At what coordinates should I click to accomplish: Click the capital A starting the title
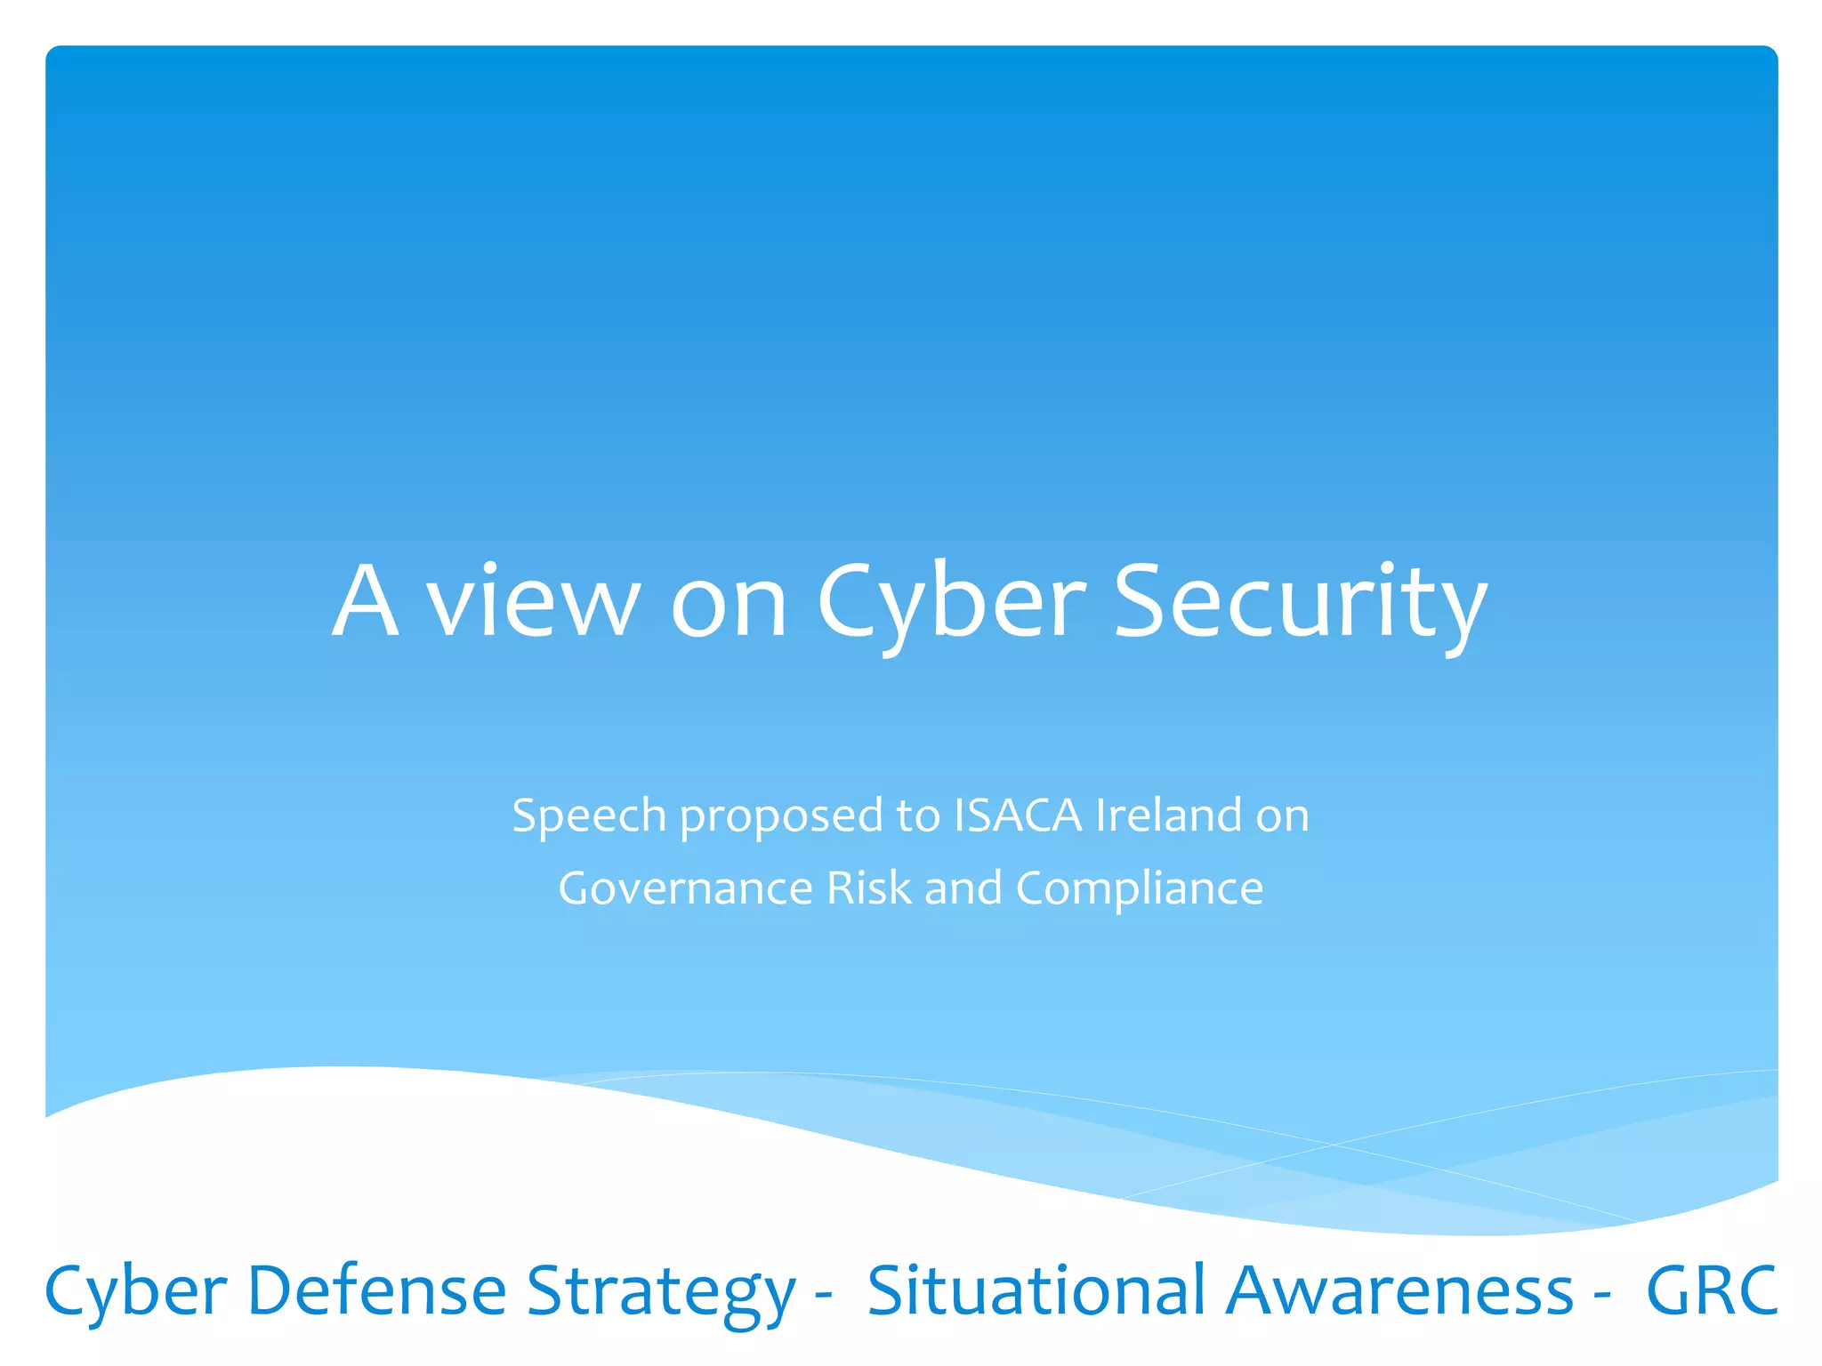pyautogui.click(x=365, y=601)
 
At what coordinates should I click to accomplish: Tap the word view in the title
pyautogui.click(x=534, y=601)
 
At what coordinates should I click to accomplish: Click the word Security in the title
pyautogui.click(x=1300, y=601)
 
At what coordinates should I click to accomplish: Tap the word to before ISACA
pyautogui.click(x=917, y=816)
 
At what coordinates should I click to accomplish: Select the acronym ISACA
pyautogui.click(x=1018, y=815)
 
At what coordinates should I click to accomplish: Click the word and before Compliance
pyautogui.click(x=963, y=888)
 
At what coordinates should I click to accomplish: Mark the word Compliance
pyautogui.click(x=1140, y=888)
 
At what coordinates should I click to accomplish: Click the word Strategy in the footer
pyautogui.click(x=660, y=1291)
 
